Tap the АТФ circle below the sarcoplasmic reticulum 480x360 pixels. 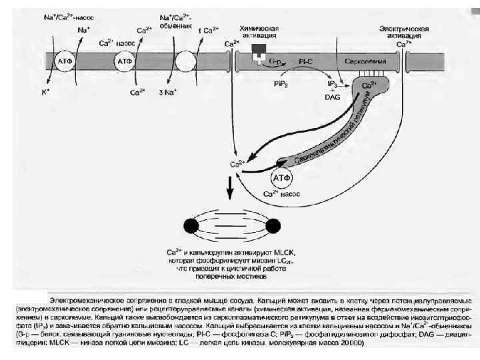click(283, 178)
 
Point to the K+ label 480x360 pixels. click(46, 91)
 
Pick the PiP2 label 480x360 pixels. click(281, 84)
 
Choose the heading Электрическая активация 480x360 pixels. click(403, 33)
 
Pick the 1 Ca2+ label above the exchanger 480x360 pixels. click(209, 30)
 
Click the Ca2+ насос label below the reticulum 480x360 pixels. click(280, 194)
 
